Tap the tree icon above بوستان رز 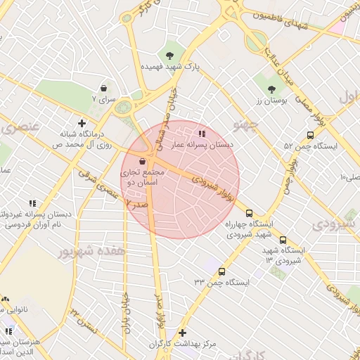click(272, 89)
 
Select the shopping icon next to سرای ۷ click(105, 89)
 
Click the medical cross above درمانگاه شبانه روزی click(82, 123)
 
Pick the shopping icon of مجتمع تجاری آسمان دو click(143, 161)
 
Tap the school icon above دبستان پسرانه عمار click(202, 133)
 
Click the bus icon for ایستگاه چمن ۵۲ click(310, 135)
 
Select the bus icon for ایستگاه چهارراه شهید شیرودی click(249, 212)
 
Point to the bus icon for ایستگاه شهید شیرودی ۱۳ click(283, 240)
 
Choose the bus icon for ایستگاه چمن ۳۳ click(222, 271)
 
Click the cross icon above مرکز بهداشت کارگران click(183, 333)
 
